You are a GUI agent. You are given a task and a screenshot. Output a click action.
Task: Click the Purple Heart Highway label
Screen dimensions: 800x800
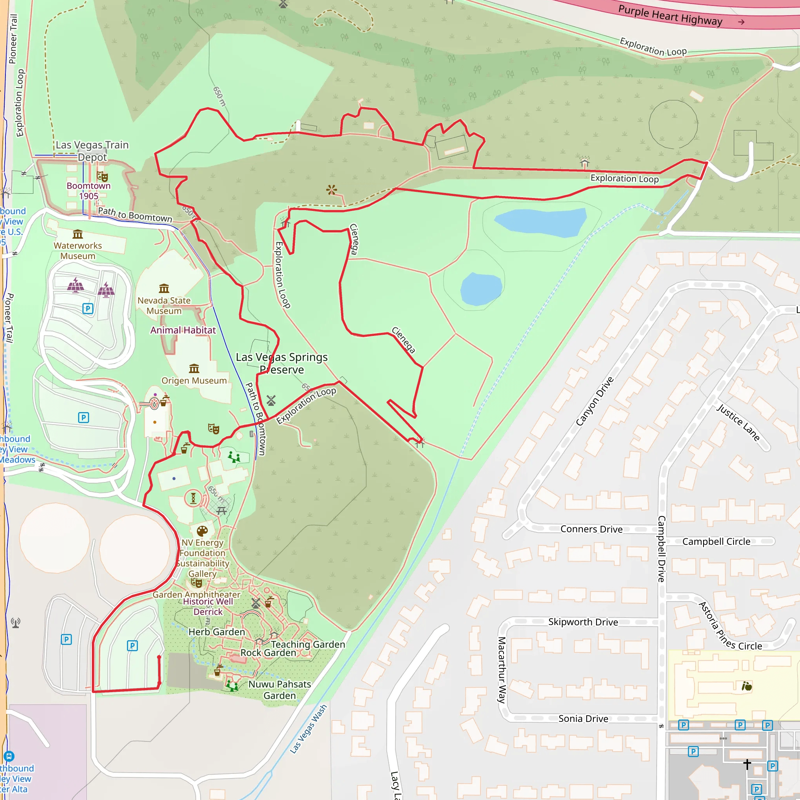coord(670,16)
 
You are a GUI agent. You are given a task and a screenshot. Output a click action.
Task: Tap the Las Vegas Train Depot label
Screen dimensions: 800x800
coord(92,151)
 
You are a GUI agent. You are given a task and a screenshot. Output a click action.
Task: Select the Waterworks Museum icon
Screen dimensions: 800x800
coord(78,234)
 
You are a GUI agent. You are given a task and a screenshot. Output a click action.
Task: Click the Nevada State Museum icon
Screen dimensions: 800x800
coord(164,288)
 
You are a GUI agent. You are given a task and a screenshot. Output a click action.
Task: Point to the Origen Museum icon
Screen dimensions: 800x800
coord(194,368)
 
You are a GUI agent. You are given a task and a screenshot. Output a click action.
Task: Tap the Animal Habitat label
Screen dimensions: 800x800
coord(183,330)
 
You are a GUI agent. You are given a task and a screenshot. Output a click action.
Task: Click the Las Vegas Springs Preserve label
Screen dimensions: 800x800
coord(282,363)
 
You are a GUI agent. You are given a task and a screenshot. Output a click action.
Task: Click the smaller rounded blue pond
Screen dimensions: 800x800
coord(481,289)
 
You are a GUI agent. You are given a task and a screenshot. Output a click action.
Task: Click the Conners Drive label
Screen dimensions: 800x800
coord(591,529)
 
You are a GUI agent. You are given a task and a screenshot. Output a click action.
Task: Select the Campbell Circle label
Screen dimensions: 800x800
coord(716,542)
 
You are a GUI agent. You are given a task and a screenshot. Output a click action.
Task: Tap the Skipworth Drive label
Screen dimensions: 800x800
coord(583,622)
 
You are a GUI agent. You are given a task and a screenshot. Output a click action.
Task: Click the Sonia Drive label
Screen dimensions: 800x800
coord(583,718)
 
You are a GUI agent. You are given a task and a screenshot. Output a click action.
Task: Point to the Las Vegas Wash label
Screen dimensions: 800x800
coord(308,729)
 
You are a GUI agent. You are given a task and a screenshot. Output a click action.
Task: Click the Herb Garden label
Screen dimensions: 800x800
coord(216,632)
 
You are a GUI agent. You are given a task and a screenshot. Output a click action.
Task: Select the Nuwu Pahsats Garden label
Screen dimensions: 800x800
coord(280,690)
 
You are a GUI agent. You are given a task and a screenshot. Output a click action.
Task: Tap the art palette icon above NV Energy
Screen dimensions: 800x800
coord(202,531)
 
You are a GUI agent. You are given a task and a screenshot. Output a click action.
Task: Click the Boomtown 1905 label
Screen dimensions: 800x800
coord(89,191)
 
